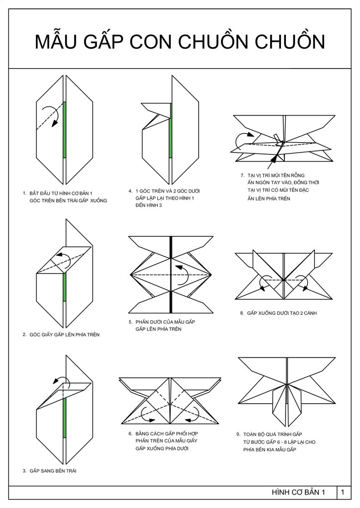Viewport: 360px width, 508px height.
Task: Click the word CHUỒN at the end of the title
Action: [x=288, y=42]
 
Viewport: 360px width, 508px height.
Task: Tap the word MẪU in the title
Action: [x=57, y=42]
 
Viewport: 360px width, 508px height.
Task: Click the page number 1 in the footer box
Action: [x=343, y=492]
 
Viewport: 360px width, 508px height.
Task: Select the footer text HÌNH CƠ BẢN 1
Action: [x=298, y=492]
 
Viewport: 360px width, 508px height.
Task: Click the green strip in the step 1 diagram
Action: [x=65, y=130]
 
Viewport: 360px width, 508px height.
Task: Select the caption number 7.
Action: [x=242, y=175]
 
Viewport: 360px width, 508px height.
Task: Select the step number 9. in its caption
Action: [x=238, y=434]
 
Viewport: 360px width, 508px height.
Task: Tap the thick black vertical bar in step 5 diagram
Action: [x=170, y=273]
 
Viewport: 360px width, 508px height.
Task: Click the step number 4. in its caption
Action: [x=130, y=191]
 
